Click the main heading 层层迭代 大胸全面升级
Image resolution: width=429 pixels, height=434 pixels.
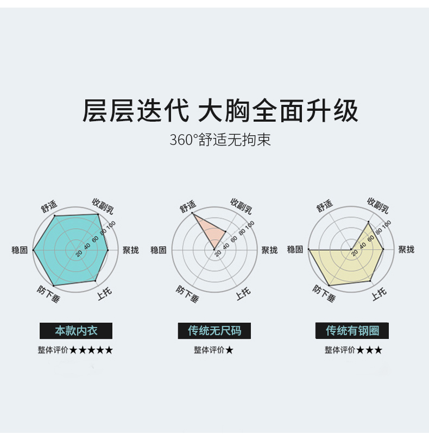pyautogui.click(x=220, y=111)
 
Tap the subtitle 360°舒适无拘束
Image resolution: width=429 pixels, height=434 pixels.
pyautogui.click(x=220, y=140)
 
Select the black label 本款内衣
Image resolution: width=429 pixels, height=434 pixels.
pyautogui.click(x=76, y=330)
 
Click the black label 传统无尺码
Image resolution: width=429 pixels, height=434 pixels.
pyautogui.click(x=214, y=330)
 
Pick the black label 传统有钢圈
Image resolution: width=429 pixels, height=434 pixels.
pyautogui.click(x=352, y=330)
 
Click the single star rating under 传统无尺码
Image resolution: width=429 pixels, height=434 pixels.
pyautogui.click(x=230, y=350)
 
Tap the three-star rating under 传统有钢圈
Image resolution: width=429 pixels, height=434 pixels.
pyautogui.click(x=369, y=350)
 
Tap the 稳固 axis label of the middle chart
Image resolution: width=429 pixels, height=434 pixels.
pyautogui.click(x=159, y=250)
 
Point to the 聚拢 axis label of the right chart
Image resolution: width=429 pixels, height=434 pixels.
pyautogui.click(x=406, y=249)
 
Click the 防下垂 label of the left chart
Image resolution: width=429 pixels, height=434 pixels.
pyautogui.click(x=49, y=293)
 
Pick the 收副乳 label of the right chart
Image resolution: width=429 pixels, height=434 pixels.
pyautogui.click(x=378, y=205)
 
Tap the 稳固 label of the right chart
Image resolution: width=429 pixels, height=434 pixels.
pyautogui.click(x=295, y=249)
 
